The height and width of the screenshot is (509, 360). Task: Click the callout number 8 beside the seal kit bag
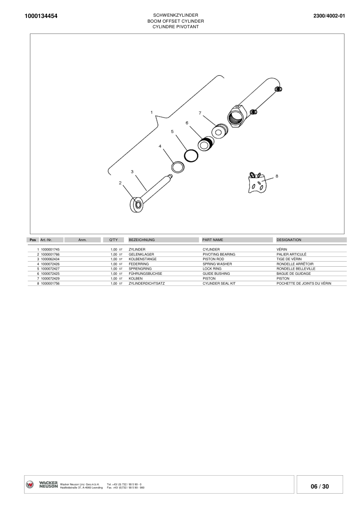277,176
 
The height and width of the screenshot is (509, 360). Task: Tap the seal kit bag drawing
257,183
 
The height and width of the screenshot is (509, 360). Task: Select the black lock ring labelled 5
191,156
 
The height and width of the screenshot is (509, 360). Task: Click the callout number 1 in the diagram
152,112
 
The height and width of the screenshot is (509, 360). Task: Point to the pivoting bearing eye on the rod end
136,205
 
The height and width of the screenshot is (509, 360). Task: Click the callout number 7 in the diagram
200,113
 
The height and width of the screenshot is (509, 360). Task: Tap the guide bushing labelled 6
205,144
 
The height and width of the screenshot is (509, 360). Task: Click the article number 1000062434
50,259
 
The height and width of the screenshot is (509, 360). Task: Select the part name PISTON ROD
213,259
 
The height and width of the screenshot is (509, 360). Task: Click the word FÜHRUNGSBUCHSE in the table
145,274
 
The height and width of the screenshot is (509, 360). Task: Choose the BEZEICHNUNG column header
142,240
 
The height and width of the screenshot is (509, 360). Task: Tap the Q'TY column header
113,240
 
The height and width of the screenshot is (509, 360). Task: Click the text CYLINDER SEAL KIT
219,283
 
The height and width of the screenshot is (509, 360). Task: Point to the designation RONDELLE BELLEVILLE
296,269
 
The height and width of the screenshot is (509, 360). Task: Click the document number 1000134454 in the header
41,16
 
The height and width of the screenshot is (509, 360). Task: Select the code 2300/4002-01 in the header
329,16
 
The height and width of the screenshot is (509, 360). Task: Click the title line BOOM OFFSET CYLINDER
176,21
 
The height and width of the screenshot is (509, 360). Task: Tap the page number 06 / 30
320,486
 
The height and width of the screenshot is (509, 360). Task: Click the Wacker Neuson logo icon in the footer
30,485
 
